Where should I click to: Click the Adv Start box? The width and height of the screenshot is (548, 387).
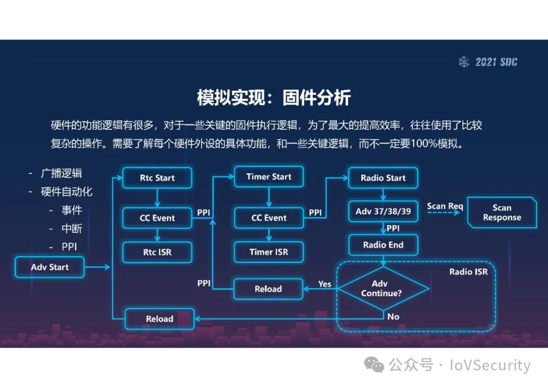pos(50,267)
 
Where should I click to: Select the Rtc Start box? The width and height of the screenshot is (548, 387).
pos(157,178)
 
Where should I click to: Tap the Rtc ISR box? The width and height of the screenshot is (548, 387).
pos(157,252)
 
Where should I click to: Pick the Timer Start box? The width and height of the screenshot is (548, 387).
pos(268,177)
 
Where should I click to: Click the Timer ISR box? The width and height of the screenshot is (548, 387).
pos(268,252)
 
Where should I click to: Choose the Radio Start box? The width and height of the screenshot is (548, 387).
pos(383,178)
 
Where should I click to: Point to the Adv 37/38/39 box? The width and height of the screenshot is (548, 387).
pos(383,212)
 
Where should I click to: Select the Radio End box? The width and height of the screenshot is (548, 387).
pos(383,245)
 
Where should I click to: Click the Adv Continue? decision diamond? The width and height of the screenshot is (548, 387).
pos(383,289)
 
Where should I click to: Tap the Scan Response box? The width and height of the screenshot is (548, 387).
pos(501,213)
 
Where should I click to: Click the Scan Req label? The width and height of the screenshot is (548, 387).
pos(445,206)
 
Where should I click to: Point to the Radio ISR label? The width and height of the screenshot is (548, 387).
pos(468,272)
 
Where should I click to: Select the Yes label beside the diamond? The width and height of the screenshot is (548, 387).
pos(325,284)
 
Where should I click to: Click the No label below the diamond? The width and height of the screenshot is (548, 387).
pos(393,316)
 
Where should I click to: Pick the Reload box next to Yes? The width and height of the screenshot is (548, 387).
pos(268,289)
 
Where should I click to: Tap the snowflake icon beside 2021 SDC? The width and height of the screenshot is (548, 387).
pos(464,62)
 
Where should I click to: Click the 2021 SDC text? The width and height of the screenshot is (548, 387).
pos(496,62)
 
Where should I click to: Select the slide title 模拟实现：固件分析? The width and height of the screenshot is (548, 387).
pos(273,97)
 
